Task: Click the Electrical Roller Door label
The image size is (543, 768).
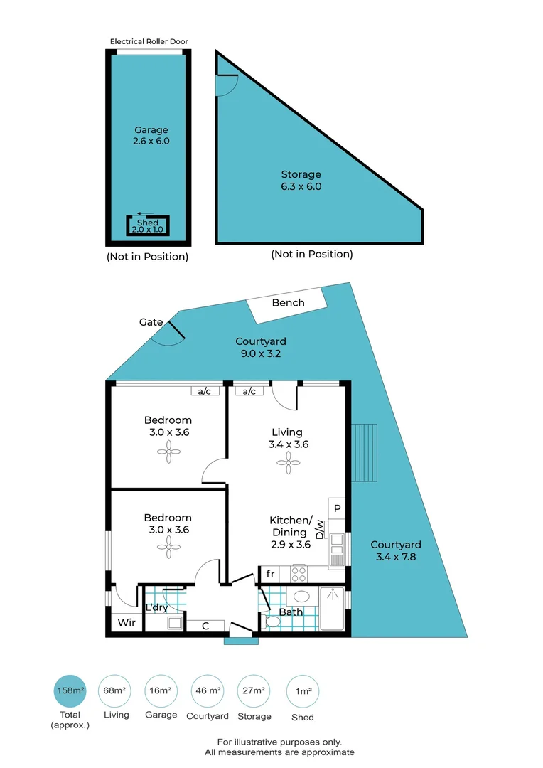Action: (x=149, y=41)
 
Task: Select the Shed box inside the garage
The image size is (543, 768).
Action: (x=148, y=226)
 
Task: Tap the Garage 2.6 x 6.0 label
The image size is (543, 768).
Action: (x=151, y=135)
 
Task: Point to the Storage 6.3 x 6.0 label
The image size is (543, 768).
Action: (x=301, y=180)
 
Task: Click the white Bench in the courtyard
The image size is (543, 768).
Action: (x=288, y=304)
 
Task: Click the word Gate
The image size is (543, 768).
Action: (x=151, y=322)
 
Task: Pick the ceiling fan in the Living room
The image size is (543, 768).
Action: (x=289, y=464)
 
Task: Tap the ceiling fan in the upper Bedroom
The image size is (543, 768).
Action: (x=169, y=451)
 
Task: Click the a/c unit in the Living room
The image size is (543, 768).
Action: (x=249, y=390)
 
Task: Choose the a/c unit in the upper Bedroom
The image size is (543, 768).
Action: (x=204, y=390)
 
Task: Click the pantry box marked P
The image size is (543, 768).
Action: (x=337, y=508)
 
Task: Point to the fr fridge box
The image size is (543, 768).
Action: (x=270, y=573)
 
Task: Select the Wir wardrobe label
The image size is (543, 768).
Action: (x=126, y=623)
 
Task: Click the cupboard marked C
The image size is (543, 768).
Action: (x=205, y=626)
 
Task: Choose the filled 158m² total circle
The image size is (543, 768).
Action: (x=70, y=690)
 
